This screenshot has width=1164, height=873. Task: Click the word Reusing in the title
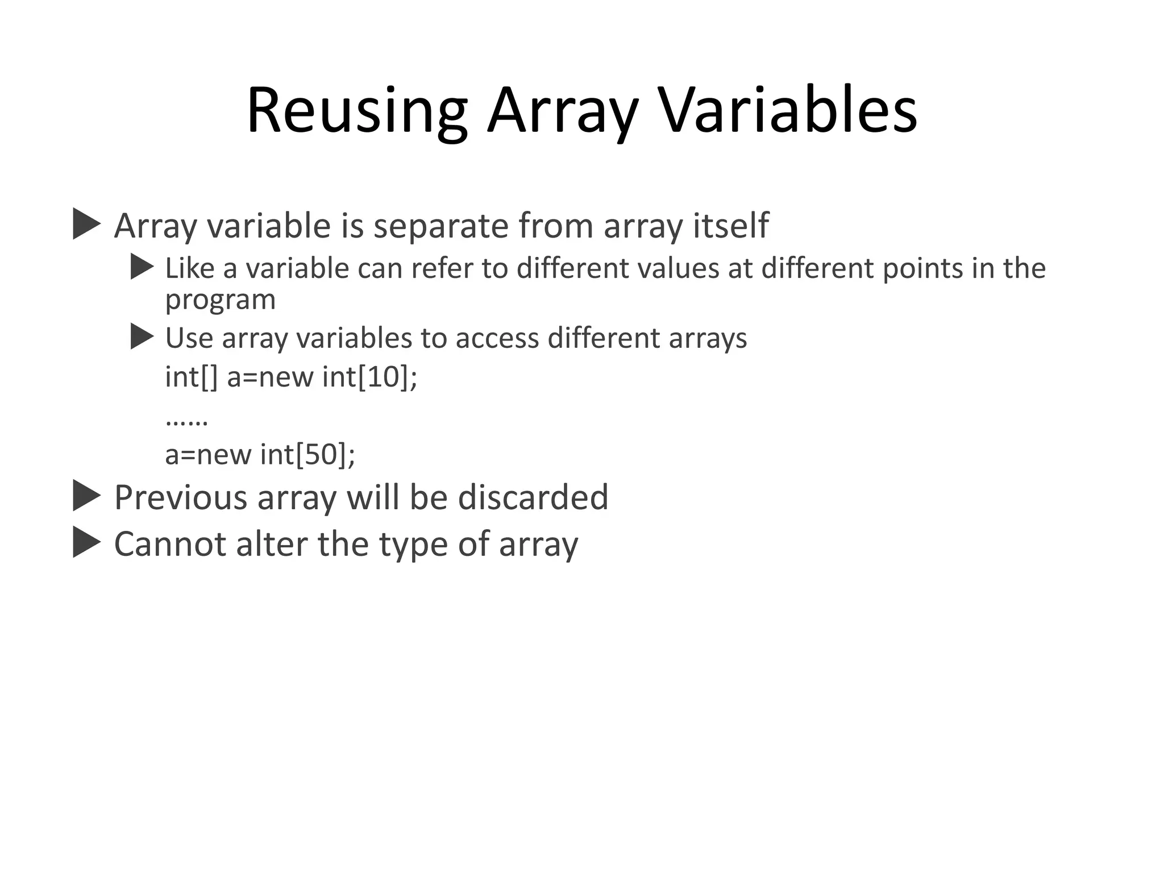pyautogui.click(x=357, y=111)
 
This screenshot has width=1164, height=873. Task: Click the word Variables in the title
pyautogui.click(x=789, y=111)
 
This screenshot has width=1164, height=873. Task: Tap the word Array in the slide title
pyautogui.click(x=563, y=111)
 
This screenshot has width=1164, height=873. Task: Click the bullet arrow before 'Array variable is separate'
pyautogui.click(x=86, y=224)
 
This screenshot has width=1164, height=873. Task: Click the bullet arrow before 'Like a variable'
pyautogui.click(x=142, y=267)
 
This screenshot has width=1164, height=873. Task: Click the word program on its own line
pyautogui.click(x=220, y=300)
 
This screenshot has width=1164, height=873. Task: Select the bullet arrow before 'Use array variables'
pyautogui.click(x=142, y=337)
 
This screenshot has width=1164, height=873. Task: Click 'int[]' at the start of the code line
pyautogui.click(x=191, y=377)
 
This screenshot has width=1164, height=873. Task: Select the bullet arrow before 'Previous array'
pyautogui.click(x=86, y=496)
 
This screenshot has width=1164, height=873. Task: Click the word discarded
pyautogui.click(x=533, y=497)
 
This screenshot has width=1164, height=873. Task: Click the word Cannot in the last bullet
pyautogui.click(x=170, y=544)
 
